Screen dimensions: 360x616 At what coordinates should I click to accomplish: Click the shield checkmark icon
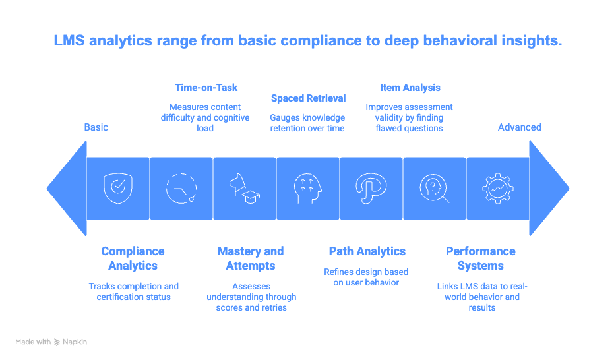click(x=117, y=188)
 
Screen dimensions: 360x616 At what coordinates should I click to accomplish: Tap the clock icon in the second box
click(x=181, y=188)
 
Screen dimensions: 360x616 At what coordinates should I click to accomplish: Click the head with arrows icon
click(x=307, y=188)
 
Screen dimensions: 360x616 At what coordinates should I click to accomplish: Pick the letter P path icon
click(x=371, y=188)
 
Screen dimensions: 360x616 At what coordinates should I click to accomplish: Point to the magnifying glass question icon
click(x=434, y=188)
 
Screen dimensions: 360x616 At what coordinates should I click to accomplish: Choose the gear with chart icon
click(x=497, y=188)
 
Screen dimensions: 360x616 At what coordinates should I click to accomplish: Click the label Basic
click(x=96, y=127)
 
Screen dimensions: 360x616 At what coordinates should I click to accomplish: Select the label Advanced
click(x=520, y=127)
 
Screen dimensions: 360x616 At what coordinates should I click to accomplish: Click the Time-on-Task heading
click(x=206, y=87)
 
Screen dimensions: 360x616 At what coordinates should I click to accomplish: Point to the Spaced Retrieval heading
click(x=307, y=98)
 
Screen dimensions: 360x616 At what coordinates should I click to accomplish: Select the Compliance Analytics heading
click(x=133, y=258)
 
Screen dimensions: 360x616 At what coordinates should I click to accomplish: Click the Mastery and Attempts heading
click(x=251, y=258)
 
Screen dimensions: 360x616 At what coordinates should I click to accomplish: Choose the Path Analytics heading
click(x=367, y=251)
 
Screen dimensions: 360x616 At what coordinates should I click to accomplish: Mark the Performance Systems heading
click(x=481, y=258)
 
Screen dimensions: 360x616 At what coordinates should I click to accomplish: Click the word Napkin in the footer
click(x=76, y=342)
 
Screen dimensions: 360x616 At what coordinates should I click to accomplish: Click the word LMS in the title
click(x=71, y=41)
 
